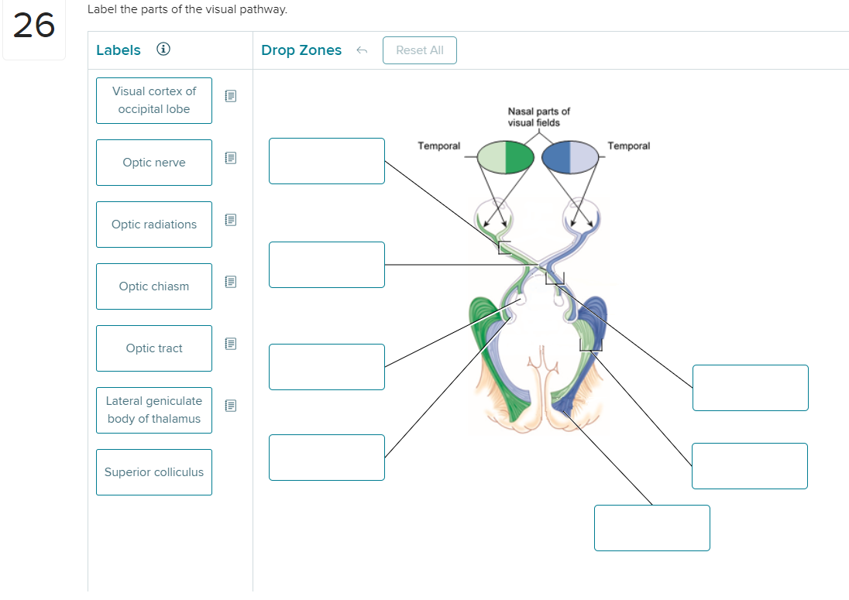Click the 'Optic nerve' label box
pyautogui.click(x=153, y=163)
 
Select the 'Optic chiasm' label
pyautogui.click(x=153, y=286)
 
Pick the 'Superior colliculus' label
pyautogui.click(x=153, y=472)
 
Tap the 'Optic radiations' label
pyautogui.click(x=153, y=225)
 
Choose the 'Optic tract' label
pyautogui.click(x=153, y=348)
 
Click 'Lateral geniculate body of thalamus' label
pyautogui.click(x=153, y=410)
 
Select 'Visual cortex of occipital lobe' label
pyautogui.click(x=153, y=101)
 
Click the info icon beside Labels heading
pyautogui.click(x=163, y=50)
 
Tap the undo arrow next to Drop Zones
pyautogui.click(x=361, y=50)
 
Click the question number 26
pyautogui.click(x=34, y=26)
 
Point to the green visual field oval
pyautogui.click(x=506, y=157)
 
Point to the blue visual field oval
pyautogui.click(x=570, y=157)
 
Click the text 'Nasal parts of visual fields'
pyautogui.click(x=538, y=117)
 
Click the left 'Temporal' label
pyautogui.click(x=438, y=146)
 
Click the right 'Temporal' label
pyautogui.click(x=628, y=146)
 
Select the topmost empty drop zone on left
pyautogui.click(x=326, y=161)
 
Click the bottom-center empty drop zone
pyautogui.click(x=651, y=528)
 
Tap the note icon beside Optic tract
pyautogui.click(x=229, y=343)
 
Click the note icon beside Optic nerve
pyautogui.click(x=229, y=158)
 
